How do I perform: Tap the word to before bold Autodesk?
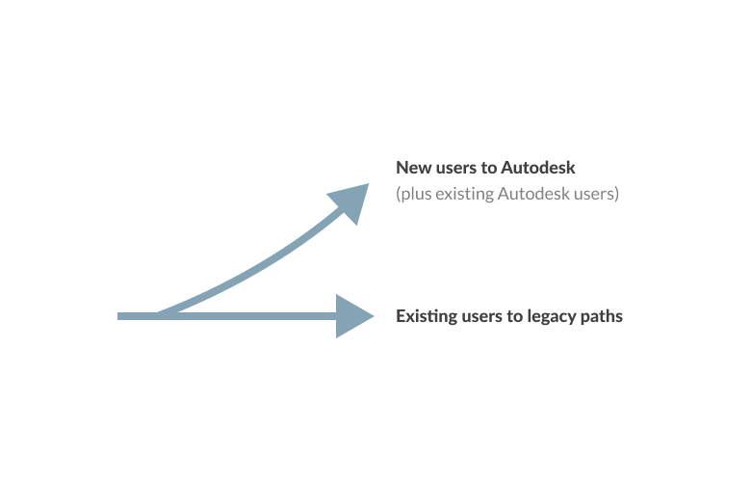tap(489, 168)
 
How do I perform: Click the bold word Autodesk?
tap(538, 168)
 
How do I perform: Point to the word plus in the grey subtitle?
tap(416, 194)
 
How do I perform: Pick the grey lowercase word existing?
tap(465, 194)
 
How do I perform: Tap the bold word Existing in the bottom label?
tap(427, 316)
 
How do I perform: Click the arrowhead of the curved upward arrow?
tap(351, 201)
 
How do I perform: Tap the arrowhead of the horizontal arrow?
tap(352, 316)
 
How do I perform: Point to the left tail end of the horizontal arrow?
tap(117, 316)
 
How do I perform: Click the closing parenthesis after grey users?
tap(617, 194)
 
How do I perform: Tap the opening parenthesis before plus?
tap(399, 194)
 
